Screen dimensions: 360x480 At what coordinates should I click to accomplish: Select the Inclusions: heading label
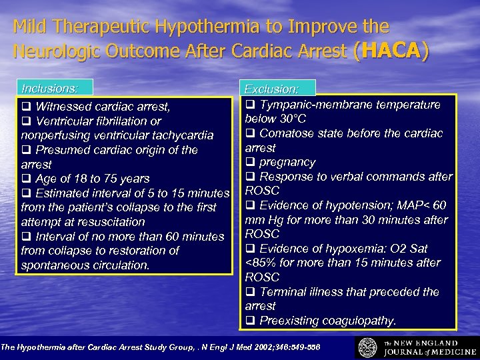click(50, 88)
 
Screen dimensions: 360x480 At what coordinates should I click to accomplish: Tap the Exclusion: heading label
click(271, 89)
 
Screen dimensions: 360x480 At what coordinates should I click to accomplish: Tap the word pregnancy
click(287, 162)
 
